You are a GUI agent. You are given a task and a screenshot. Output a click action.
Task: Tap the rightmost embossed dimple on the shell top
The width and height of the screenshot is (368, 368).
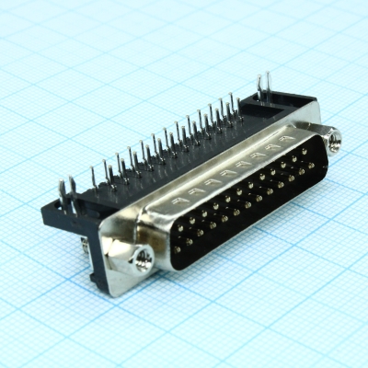(273, 146)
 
